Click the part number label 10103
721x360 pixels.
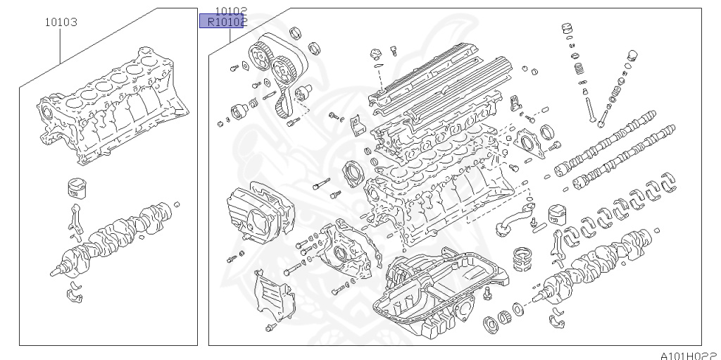61,22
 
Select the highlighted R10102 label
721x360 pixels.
222,22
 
